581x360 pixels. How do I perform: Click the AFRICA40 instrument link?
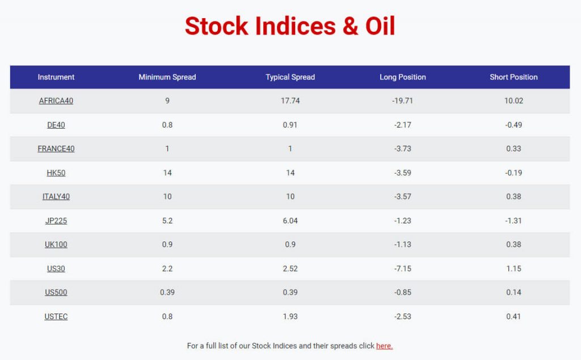coord(56,101)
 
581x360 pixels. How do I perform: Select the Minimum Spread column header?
coord(167,77)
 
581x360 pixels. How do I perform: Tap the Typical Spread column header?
coord(290,77)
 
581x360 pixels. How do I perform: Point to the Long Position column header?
coord(403,77)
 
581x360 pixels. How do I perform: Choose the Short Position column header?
coord(513,77)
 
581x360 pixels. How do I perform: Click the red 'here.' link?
coord(384,346)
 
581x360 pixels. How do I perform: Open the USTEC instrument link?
coord(56,317)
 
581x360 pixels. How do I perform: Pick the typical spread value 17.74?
coord(290,101)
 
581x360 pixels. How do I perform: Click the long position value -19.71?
coord(402,101)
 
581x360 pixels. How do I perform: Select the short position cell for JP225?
coord(513,221)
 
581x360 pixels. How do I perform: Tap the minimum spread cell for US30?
coord(167,269)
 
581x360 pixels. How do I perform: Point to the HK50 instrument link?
coord(56,173)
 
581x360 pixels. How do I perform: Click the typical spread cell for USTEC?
coord(290,317)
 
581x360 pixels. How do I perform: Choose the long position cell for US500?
coord(403,293)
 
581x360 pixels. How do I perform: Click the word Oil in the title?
coord(380,26)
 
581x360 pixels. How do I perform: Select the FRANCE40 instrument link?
coord(56,149)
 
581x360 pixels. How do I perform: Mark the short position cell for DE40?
coord(513,125)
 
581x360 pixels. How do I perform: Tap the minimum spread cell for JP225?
coord(167,221)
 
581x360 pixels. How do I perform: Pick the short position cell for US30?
coord(513,269)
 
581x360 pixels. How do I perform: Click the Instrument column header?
coord(56,77)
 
